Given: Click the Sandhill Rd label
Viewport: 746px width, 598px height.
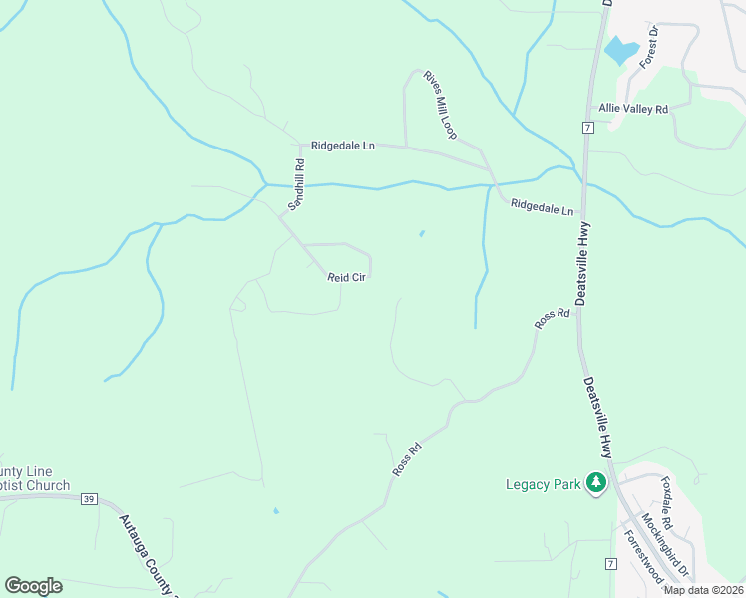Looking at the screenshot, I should tap(296, 183).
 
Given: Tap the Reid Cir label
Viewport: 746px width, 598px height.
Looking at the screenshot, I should tap(348, 278).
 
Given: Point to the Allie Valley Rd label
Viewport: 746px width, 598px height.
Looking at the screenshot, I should tap(632, 109).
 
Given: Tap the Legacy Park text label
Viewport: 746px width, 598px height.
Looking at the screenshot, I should tap(543, 485).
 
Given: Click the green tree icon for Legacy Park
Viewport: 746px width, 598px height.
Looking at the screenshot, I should tap(596, 483).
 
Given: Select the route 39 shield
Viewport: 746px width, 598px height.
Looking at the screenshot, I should tap(89, 499).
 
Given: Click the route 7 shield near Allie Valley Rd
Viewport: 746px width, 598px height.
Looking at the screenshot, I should tap(588, 128).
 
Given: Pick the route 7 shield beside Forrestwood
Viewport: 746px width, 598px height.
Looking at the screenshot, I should tap(610, 564).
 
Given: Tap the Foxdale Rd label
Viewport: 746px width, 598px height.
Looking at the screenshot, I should tap(668, 502).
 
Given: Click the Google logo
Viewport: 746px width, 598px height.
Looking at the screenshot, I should tap(33, 586).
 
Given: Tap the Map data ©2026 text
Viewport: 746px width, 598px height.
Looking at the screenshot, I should tap(703, 590).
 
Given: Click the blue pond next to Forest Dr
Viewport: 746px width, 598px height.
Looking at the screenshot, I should tap(621, 50).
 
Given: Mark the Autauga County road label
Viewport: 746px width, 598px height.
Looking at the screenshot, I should tap(146, 553).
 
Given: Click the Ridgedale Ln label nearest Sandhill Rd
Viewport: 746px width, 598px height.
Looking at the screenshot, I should tap(342, 146).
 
